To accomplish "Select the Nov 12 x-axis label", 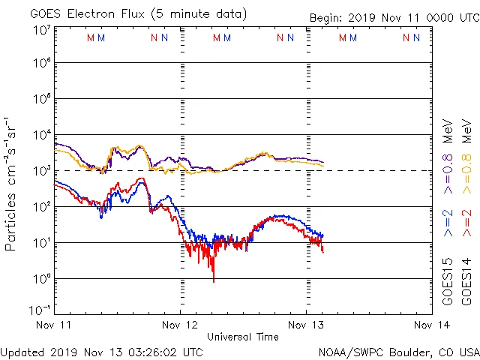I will (180, 325).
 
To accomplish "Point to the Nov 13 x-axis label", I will (306, 325).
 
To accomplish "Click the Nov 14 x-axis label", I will (431, 325).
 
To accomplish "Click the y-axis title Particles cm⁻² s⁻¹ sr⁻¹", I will (13, 184).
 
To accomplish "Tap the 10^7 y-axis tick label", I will (41, 30).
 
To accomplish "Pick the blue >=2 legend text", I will (448, 223).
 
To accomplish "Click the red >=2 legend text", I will (466, 223).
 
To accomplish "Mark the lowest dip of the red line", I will (214, 282).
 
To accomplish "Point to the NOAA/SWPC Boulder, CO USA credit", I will (398, 352).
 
